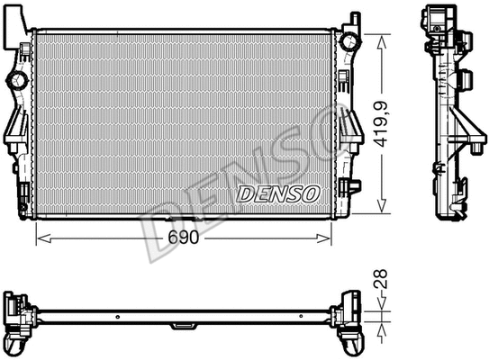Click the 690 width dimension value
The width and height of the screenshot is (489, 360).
[x=183, y=239]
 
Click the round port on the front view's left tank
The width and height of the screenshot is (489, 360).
[x=16, y=81]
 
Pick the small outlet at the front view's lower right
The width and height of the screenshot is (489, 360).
[x=353, y=186]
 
